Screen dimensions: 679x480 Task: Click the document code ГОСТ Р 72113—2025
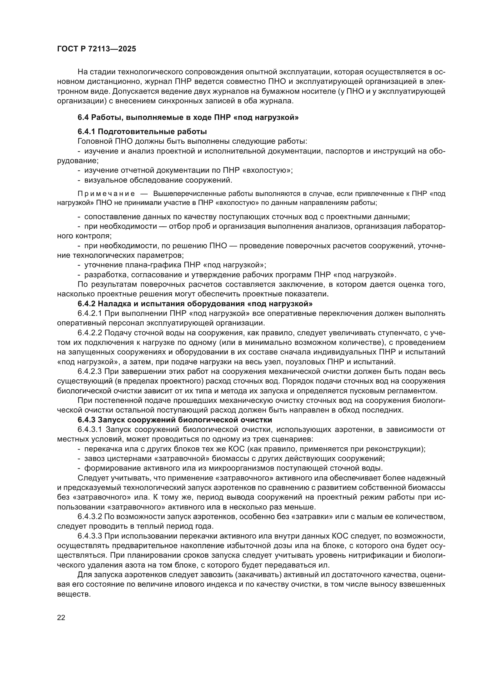96,49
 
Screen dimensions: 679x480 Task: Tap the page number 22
61,617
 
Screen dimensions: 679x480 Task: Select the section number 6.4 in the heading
83,117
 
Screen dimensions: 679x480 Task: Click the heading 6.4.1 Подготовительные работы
142,131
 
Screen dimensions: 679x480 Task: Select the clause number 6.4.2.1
90,314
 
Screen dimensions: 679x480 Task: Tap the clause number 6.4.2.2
90,333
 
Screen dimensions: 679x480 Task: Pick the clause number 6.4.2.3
90,372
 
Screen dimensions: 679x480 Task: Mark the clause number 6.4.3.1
90,429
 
